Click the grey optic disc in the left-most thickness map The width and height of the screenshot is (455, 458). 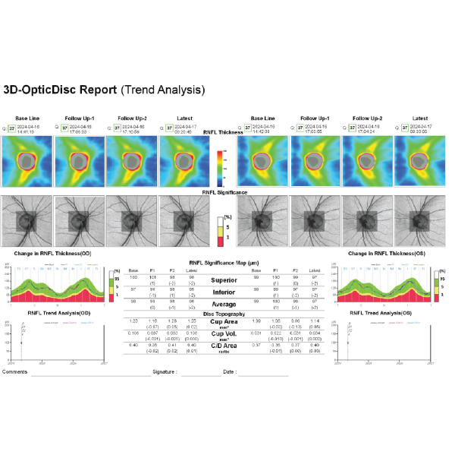(x=27, y=163)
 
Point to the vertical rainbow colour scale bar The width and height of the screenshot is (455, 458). (x=221, y=168)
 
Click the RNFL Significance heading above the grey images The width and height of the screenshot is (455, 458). (x=227, y=193)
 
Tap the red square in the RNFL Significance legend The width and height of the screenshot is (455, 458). (x=221, y=237)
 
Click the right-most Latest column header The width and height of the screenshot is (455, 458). (x=419, y=118)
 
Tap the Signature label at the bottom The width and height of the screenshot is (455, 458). (x=165, y=372)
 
